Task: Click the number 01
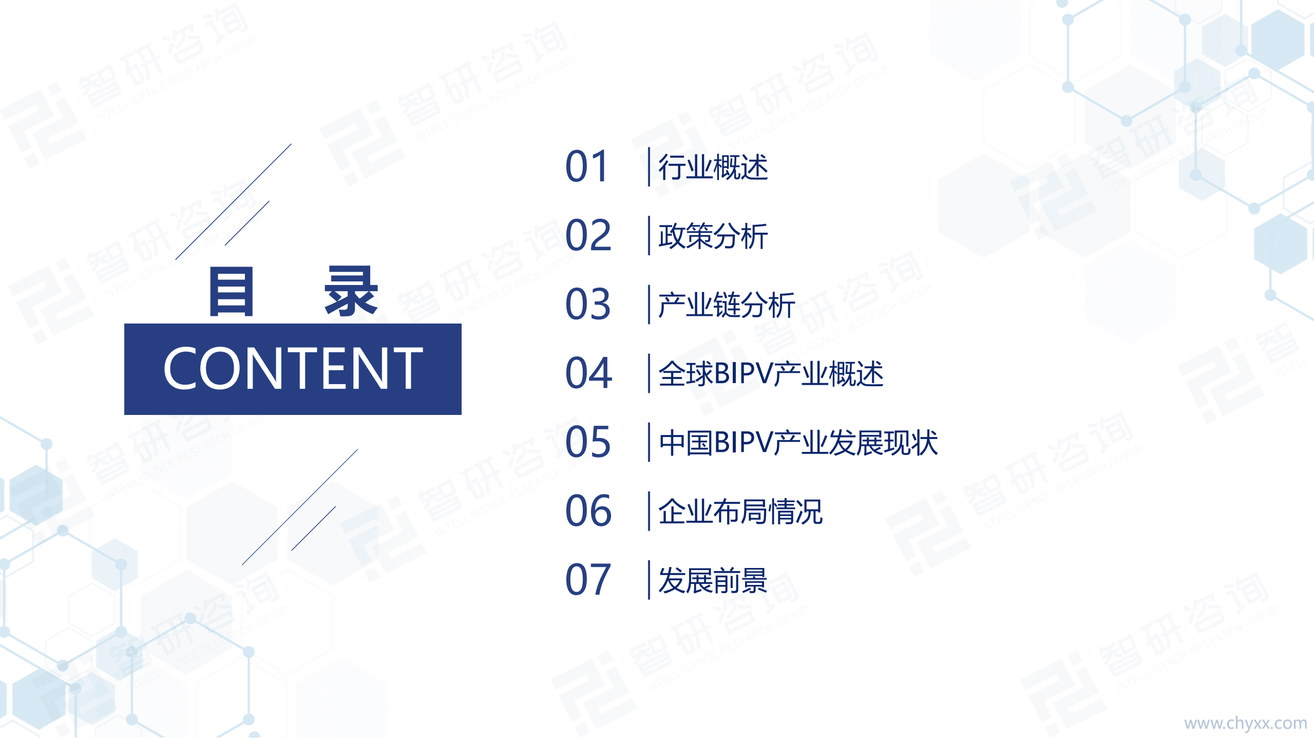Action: click(x=587, y=167)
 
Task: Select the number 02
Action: click(x=588, y=236)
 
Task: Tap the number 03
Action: click(x=588, y=305)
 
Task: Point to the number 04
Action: click(x=588, y=373)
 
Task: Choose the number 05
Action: click(x=588, y=442)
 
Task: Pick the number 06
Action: click(x=588, y=511)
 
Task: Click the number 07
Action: click(x=588, y=580)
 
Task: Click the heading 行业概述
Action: click(x=713, y=167)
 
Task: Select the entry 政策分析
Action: click(x=713, y=236)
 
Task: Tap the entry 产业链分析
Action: click(x=726, y=305)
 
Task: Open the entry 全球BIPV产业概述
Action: click(x=770, y=374)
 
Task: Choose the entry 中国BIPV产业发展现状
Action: click(x=798, y=443)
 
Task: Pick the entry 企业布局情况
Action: click(x=740, y=511)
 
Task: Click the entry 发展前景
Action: click(x=713, y=580)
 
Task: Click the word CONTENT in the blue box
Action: click(x=293, y=368)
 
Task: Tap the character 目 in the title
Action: click(x=232, y=292)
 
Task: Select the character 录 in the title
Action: click(x=351, y=292)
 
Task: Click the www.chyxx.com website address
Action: click(x=1245, y=723)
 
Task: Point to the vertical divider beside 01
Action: click(x=649, y=167)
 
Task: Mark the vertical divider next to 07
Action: click(x=649, y=580)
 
